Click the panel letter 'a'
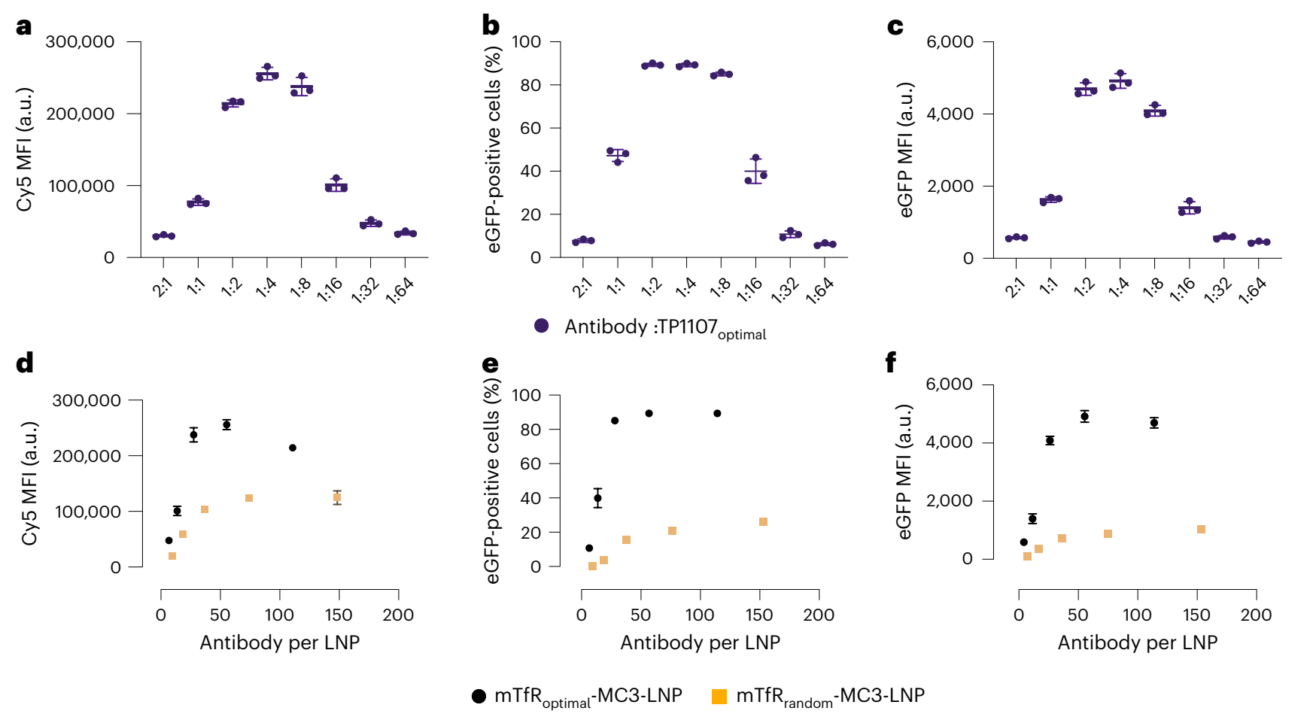[x=24, y=27]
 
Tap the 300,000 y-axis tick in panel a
[x=80, y=42]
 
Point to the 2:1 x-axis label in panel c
[x=1015, y=287]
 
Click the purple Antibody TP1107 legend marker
[x=542, y=326]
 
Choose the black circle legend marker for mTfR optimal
[x=479, y=696]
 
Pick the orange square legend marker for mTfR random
[x=719, y=696]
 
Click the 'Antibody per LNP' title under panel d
[x=279, y=643]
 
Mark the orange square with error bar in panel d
[x=337, y=497]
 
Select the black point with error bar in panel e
[x=597, y=498]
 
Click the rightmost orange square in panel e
[x=763, y=522]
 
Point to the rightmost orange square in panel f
[x=1201, y=530]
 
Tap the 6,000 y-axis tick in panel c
[x=950, y=42]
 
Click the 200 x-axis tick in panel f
[x=1256, y=615]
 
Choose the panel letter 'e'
[x=490, y=364]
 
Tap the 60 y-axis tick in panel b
[x=531, y=128]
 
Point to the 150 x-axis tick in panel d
[x=339, y=615]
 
